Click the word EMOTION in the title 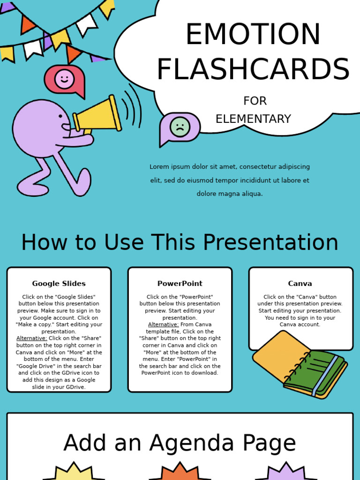[x=253, y=35]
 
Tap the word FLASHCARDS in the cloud [x=253, y=70]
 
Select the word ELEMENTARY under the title [x=253, y=119]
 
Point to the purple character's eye [x=60, y=116]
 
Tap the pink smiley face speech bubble [x=65, y=79]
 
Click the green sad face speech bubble [x=180, y=127]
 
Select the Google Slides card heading [x=59, y=284]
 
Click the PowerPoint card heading [x=180, y=284]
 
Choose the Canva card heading [x=300, y=284]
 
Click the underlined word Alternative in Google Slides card [x=32, y=338]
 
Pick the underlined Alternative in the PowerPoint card [x=163, y=324]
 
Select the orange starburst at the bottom [x=180, y=472]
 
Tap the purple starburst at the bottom [x=286, y=472]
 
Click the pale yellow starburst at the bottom [x=74, y=472]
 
